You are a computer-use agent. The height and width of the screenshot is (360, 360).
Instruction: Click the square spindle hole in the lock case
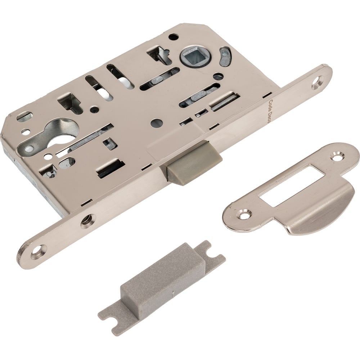[194, 56]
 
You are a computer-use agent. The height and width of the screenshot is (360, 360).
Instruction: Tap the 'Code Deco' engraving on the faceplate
[270, 112]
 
